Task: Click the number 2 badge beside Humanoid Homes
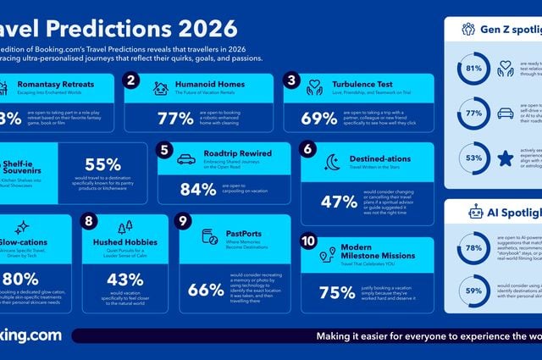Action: click(131, 81)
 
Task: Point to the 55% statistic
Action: click(103, 165)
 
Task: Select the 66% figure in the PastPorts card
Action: click(206, 290)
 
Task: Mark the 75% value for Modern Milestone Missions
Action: click(337, 292)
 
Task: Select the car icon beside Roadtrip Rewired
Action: click(186, 158)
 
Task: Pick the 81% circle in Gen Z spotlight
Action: click(474, 68)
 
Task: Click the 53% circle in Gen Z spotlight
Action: click(474, 158)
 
